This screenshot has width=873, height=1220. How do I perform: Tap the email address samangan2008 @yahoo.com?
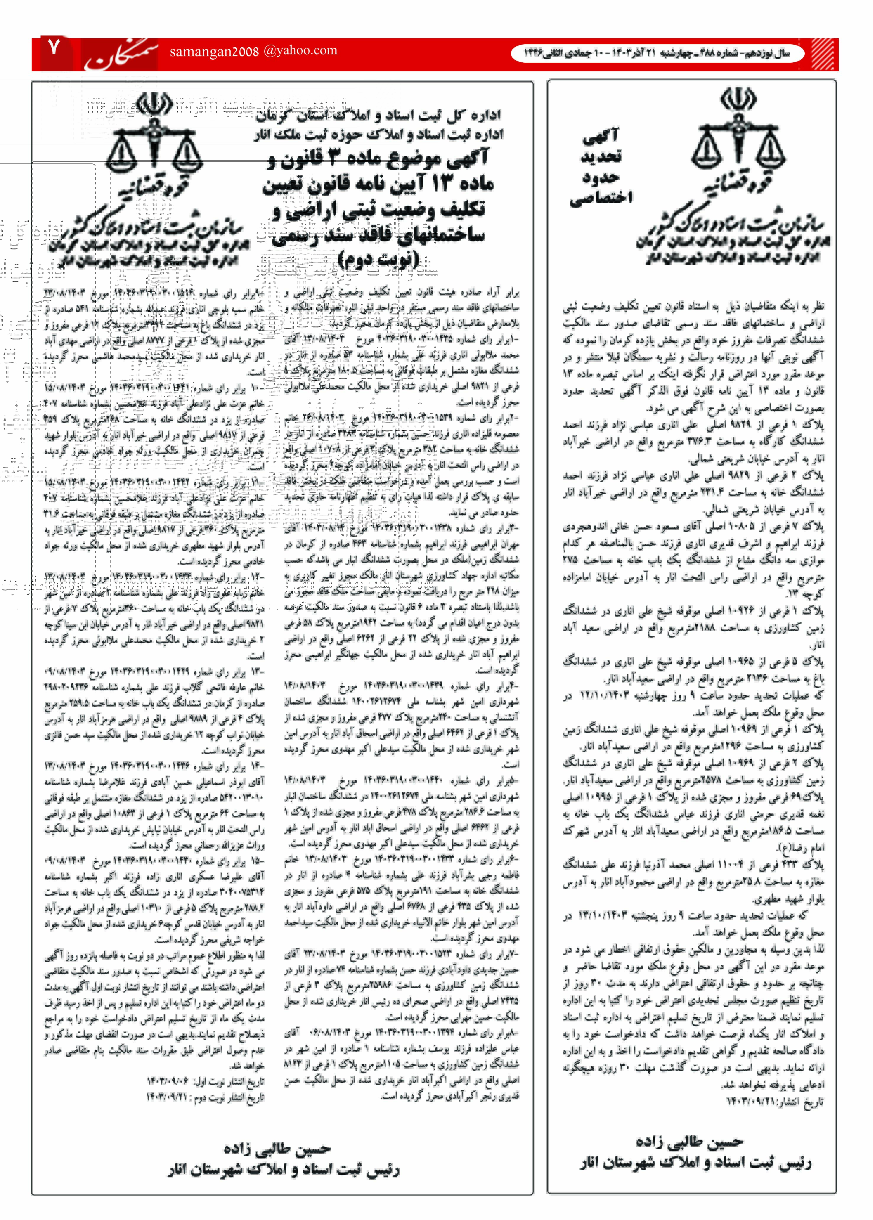coord(253,51)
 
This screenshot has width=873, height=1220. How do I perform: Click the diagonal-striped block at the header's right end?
coord(824,54)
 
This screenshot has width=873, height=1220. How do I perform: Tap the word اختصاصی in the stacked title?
coord(601,198)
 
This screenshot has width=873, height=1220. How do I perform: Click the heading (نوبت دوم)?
coord(378,260)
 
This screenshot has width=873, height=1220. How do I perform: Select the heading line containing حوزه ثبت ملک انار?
coord(378,134)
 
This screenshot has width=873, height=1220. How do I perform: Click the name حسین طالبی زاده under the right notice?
coord(689,1141)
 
